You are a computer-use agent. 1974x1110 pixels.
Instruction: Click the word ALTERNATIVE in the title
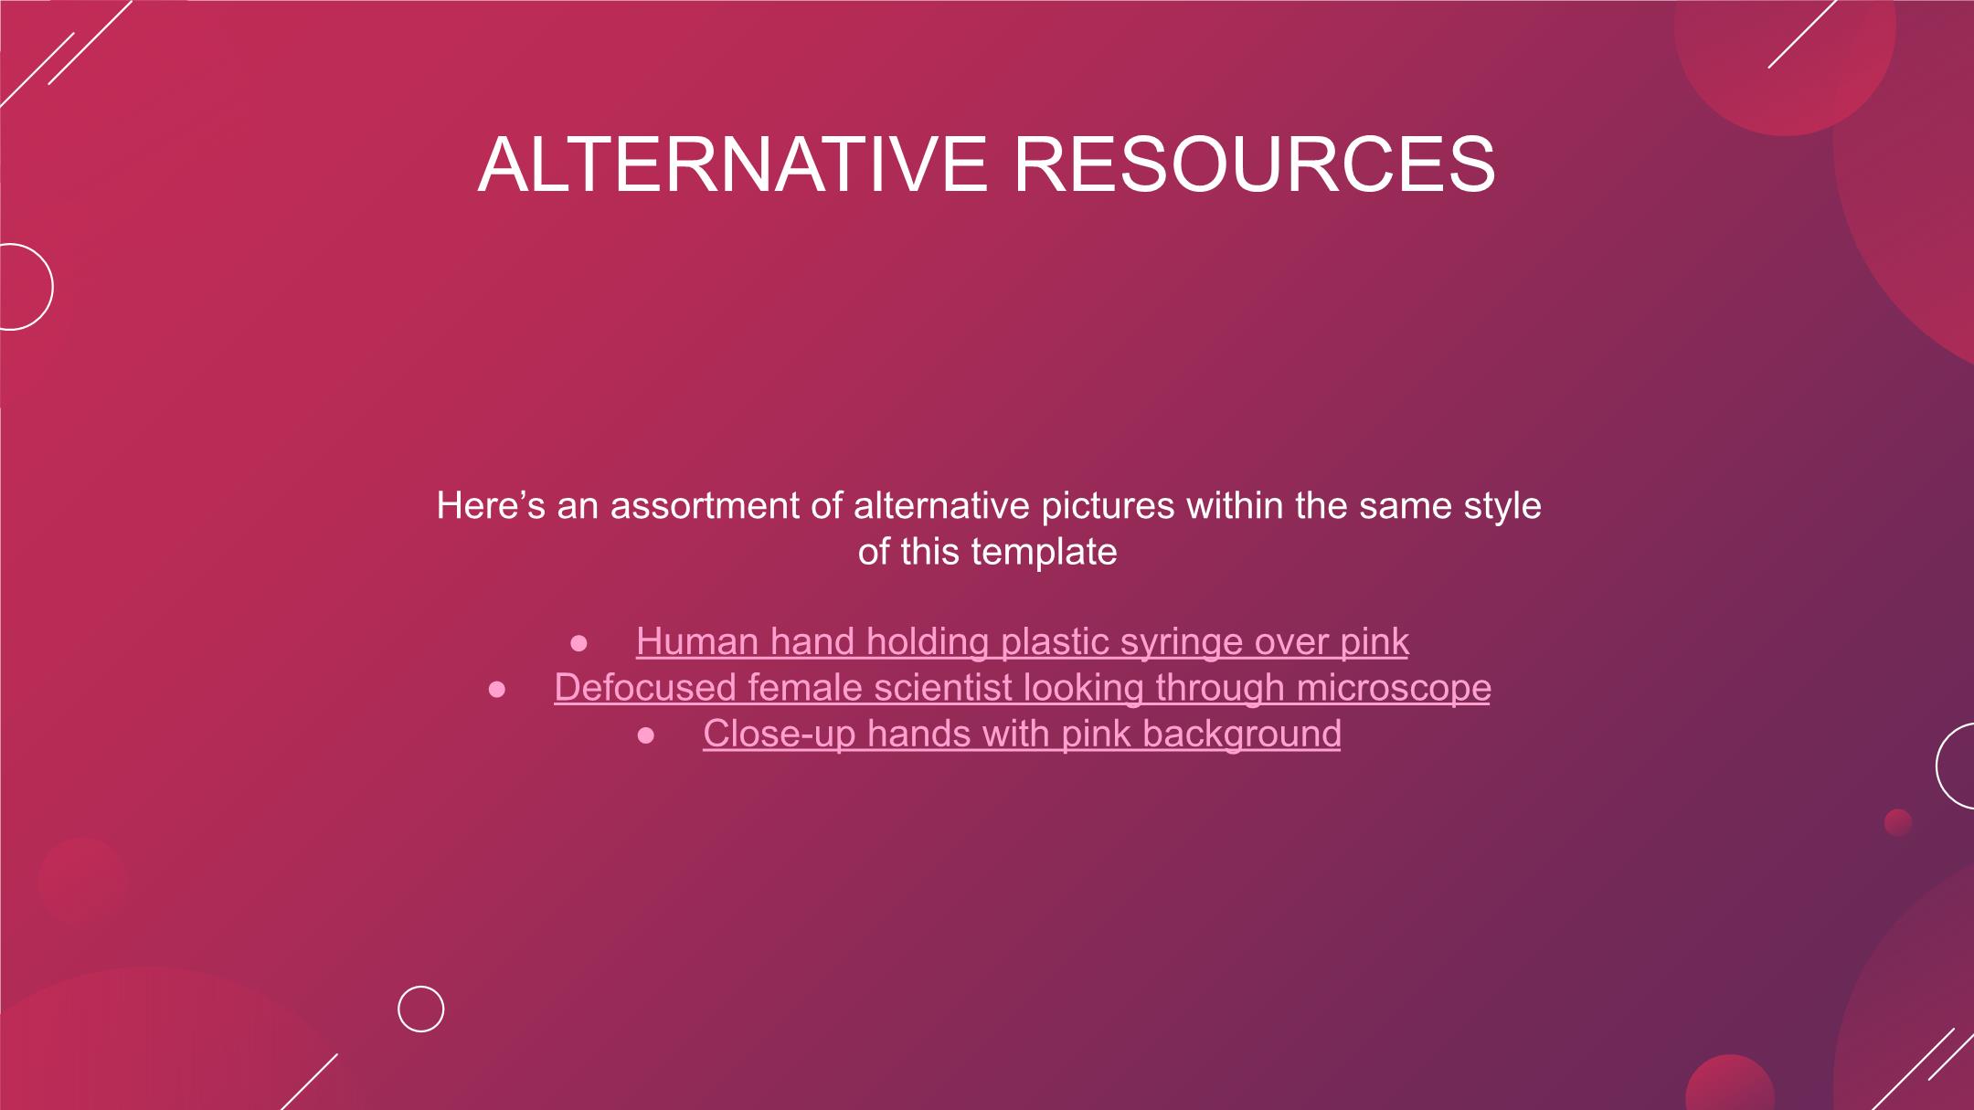[732, 164]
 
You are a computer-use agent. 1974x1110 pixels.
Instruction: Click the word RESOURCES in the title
[1255, 164]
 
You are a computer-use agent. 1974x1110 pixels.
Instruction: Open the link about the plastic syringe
[1022, 641]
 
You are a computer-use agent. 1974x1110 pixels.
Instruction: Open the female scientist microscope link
[1022, 687]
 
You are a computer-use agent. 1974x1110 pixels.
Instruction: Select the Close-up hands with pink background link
[1022, 734]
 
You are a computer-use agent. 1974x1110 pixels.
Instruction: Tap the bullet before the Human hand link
[578, 644]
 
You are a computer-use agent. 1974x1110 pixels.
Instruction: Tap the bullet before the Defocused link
[496, 690]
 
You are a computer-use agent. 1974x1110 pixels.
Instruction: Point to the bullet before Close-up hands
[646, 736]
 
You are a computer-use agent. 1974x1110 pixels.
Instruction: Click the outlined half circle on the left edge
[52, 287]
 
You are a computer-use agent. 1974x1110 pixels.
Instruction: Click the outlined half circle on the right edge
[1937, 766]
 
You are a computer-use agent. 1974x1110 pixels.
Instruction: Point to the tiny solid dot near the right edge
[1898, 822]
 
